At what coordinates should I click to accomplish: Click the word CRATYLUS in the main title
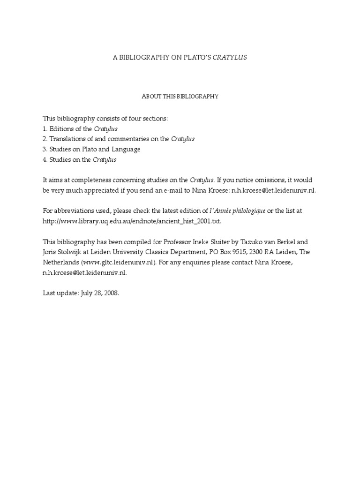(x=230, y=57)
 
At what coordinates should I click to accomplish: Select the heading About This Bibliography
(x=180, y=97)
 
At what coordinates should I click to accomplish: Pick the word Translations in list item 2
(x=67, y=139)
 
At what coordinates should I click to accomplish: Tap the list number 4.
(x=45, y=160)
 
